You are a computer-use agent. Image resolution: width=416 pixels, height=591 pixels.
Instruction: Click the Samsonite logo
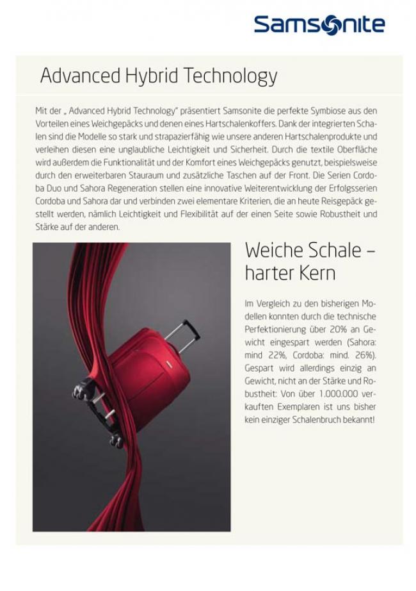tap(319, 24)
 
